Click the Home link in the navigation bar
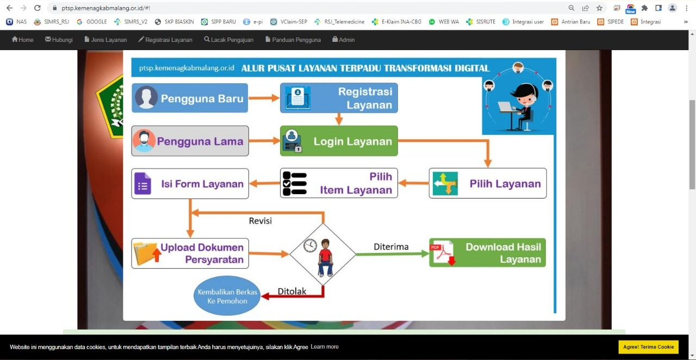[x=22, y=40]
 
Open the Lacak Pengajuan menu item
[x=229, y=40]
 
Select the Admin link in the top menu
[x=343, y=40]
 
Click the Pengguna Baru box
[x=190, y=98]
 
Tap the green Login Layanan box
[x=339, y=141]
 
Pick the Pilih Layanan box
[x=488, y=183]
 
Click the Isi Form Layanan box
[x=190, y=184]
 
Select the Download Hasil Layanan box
[x=487, y=253]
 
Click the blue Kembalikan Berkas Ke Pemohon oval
[x=227, y=296]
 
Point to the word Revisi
[x=260, y=221]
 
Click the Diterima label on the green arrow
[x=391, y=247]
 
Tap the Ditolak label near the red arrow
[x=292, y=291]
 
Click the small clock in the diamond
[x=310, y=246]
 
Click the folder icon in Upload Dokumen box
[x=147, y=253]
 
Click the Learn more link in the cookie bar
[x=325, y=346]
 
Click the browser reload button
[x=38, y=8]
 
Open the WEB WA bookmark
[x=444, y=22]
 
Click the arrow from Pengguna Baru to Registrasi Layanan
[x=264, y=98]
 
